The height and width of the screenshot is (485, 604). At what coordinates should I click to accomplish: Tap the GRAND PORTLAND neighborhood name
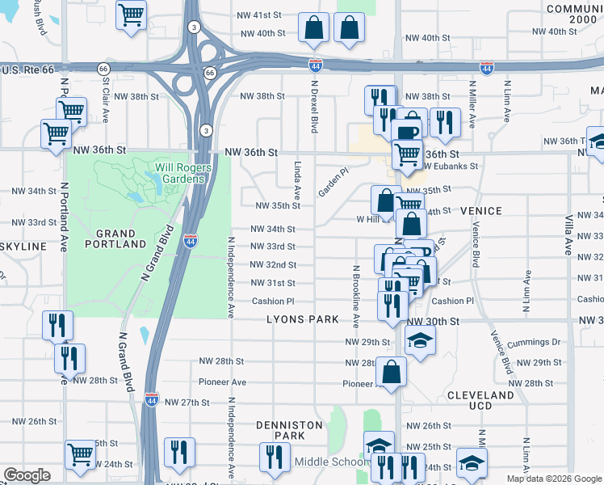pos(115,236)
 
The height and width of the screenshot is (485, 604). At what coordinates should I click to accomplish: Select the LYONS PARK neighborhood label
pos(303,319)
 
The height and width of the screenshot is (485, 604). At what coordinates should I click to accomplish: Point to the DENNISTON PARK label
pos(280,430)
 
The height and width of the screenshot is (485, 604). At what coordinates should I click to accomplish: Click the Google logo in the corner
pos(27,474)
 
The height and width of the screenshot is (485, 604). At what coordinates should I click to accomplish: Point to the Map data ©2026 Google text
pos(553,479)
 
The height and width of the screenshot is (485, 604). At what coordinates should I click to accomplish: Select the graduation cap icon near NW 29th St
pos(420,340)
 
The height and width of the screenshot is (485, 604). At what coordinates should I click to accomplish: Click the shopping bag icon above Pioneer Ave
pos(391,372)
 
